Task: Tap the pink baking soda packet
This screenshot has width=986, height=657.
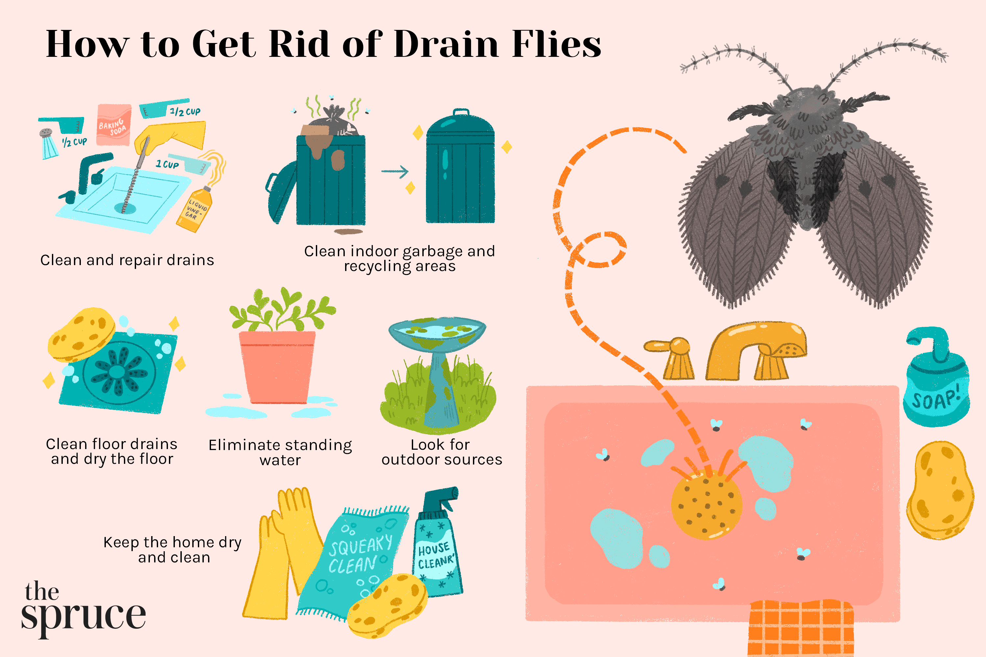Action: pos(113,125)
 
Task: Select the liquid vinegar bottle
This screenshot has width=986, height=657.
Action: pos(195,210)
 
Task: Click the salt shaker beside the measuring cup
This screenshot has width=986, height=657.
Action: pos(49,145)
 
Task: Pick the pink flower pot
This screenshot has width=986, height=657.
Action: pos(277,367)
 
